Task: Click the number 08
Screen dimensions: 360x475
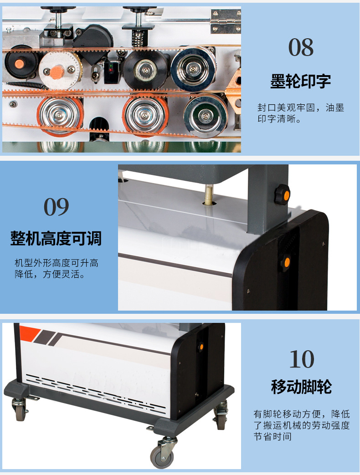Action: click(x=301, y=47)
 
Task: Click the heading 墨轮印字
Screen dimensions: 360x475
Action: click(x=300, y=81)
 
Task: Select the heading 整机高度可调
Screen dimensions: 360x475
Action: click(x=56, y=238)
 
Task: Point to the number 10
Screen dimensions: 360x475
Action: click(x=302, y=359)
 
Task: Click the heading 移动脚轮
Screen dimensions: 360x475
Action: click(x=302, y=387)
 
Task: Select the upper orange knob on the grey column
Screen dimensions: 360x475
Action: click(x=283, y=194)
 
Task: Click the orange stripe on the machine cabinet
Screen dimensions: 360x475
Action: click(x=29, y=331)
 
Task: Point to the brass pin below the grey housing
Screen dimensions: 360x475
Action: click(x=208, y=195)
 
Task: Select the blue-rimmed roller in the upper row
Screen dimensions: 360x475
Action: click(x=193, y=69)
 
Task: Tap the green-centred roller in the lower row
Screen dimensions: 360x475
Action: click(x=206, y=115)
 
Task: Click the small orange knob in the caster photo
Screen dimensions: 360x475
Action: click(x=201, y=347)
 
